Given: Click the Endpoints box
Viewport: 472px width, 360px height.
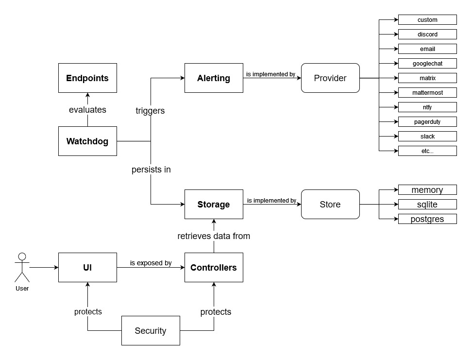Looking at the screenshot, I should click(x=87, y=78).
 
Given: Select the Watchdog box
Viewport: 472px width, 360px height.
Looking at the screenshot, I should click(x=87, y=141).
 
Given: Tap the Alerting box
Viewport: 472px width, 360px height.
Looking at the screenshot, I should click(x=214, y=78).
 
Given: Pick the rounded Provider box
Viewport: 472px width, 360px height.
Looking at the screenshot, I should click(x=330, y=78).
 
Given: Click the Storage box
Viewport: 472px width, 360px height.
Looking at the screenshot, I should click(x=214, y=205).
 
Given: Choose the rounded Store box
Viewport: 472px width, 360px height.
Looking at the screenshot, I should click(x=330, y=205).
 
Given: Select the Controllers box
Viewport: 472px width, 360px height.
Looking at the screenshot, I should click(x=214, y=268).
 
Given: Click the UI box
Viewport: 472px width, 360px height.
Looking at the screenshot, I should click(x=87, y=268).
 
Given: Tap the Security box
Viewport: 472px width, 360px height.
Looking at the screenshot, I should click(x=151, y=331).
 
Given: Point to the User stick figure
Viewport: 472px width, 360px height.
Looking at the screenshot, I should click(x=22, y=268).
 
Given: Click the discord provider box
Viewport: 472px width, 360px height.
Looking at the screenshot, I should click(x=427, y=34).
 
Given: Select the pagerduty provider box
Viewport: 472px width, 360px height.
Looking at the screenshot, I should click(x=427, y=122).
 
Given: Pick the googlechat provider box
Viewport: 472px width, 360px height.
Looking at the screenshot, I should click(x=427, y=64).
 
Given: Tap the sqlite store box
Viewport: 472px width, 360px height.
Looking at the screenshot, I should click(x=427, y=205).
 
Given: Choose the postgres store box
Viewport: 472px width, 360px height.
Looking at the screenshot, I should click(x=427, y=219).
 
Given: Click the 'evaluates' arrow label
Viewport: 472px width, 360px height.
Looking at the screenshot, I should click(x=87, y=110).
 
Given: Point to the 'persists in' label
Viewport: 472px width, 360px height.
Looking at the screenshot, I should click(x=151, y=170).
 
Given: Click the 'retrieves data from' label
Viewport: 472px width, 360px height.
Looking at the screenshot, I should click(x=214, y=237).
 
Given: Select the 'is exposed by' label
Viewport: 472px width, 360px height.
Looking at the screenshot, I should click(x=151, y=263).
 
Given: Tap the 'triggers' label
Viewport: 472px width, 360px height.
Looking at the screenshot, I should click(x=150, y=111).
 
